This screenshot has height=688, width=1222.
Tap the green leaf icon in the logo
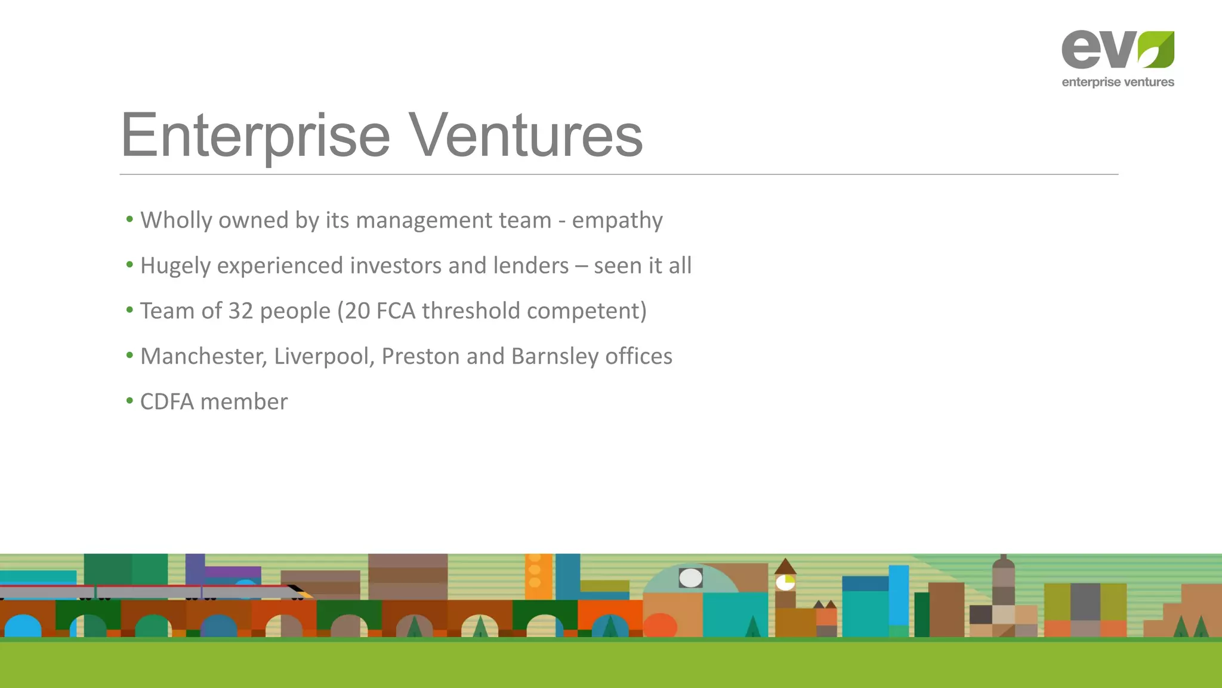click(x=1156, y=50)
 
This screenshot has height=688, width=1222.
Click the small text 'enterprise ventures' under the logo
click(x=1118, y=82)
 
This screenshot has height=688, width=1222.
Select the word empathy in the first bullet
click(x=617, y=220)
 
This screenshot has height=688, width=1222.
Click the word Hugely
click(x=175, y=266)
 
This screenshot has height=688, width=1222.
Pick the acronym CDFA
click(x=167, y=402)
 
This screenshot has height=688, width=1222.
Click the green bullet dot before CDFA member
click(x=129, y=401)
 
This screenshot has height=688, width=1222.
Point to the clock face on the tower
click(x=785, y=582)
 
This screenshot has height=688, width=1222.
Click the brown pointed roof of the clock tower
click(x=785, y=566)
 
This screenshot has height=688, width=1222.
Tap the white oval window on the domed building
click(x=690, y=578)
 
